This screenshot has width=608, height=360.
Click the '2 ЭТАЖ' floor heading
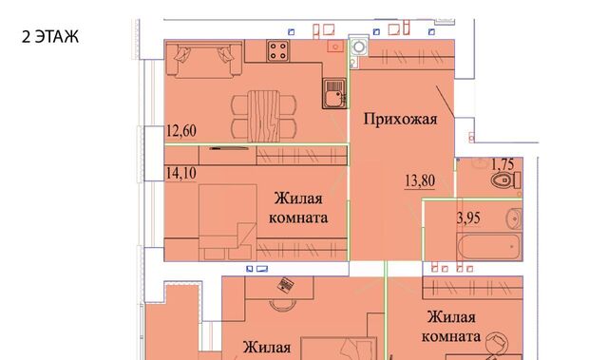(x=50, y=37)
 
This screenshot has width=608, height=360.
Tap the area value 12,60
(x=181, y=130)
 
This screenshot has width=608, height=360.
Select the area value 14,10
(x=181, y=173)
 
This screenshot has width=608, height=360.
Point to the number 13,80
(x=420, y=180)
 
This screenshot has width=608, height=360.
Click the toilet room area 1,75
(x=503, y=164)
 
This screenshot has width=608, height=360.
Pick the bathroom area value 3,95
(x=468, y=218)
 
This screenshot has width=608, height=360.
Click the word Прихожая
(x=400, y=119)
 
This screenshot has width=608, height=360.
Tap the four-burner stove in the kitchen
(x=277, y=50)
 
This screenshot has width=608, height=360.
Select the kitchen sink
(x=333, y=93)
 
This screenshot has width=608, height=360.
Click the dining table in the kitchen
(x=263, y=116)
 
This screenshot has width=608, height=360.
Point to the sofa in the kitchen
(x=204, y=59)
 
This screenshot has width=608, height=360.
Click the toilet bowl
(x=505, y=180)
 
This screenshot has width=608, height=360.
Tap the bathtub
(x=489, y=246)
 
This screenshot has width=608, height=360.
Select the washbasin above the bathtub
(x=514, y=218)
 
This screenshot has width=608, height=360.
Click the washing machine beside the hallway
(x=359, y=47)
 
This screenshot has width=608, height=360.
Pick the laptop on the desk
(x=285, y=285)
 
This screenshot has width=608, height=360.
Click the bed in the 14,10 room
(x=228, y=222)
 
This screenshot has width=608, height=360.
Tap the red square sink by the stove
(x=335, y=47)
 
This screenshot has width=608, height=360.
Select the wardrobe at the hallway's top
(x=411, y=56)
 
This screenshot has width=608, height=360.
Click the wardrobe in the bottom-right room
(x=472, y=288)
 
